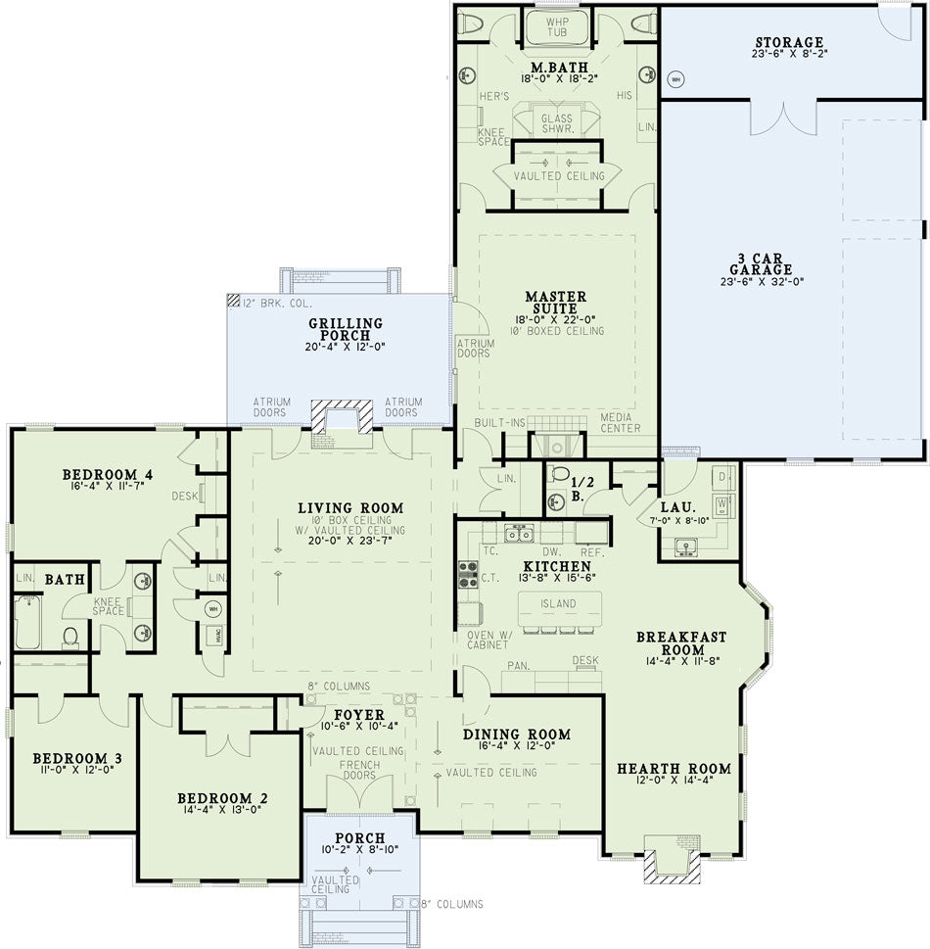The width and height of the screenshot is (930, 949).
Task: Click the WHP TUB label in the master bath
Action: point(557,26)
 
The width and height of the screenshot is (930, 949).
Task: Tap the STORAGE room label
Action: point(789,42)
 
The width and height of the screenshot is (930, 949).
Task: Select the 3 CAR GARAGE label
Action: point(761,263)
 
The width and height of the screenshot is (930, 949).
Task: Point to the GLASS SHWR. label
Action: point(557,123)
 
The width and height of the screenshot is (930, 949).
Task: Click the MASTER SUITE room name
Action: point(555,302)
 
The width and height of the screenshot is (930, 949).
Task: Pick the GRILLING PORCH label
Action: point(346,329)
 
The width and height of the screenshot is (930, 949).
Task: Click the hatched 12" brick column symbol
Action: point(233,300)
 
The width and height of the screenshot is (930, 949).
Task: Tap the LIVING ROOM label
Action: point(350,507)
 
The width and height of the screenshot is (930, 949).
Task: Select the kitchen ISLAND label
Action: point(558,603)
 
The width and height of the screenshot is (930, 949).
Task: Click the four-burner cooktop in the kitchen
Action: point(468,574)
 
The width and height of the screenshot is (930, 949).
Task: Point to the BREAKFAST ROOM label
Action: point(681,642)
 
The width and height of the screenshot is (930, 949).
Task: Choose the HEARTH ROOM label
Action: point(674,769)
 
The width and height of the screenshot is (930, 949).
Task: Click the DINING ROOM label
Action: point(517,735)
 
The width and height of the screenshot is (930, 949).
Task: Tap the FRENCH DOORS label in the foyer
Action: point(359,770)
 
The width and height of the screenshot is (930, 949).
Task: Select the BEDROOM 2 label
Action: point(222,798)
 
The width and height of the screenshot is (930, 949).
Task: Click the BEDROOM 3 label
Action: point(77,758)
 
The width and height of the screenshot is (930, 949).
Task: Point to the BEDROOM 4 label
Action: point(108,474)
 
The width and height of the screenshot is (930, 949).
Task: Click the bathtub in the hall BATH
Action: point(27,622)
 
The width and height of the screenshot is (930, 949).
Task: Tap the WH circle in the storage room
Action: point(675,78)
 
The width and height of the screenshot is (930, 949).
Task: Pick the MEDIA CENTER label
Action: point(620,422)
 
